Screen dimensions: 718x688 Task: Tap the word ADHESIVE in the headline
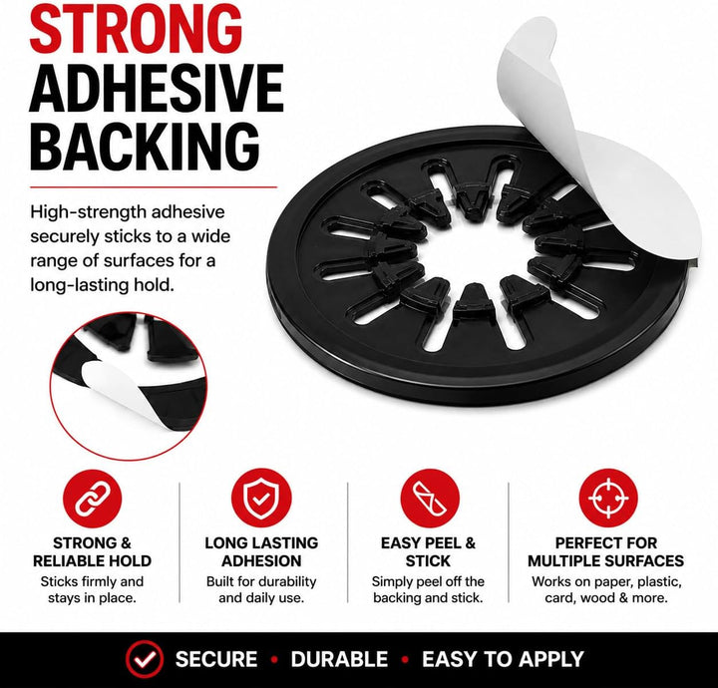click(157, 88)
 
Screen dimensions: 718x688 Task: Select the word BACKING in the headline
click(146, 147)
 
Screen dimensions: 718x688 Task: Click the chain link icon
click(92, 498)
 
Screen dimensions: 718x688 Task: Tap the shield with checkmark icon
click(261, 498)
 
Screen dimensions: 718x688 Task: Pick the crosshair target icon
click(607, 498)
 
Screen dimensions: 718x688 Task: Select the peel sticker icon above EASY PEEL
click(430, 498)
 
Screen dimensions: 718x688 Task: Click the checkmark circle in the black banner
click(145, 659)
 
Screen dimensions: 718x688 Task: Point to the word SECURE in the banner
click(216, 659)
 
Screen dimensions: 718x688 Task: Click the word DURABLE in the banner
click(339, 659)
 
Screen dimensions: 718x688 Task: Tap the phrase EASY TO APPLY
click(503, 659)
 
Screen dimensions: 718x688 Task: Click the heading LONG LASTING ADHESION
click(261, 551)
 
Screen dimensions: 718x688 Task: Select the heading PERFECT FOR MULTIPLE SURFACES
click(606, 551)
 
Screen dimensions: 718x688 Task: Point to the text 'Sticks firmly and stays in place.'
click(92, 589)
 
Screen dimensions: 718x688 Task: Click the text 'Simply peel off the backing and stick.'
click(428, 589)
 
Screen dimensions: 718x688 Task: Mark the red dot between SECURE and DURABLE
click(275, 660)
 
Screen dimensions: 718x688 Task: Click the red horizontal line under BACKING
click(154, 186)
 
